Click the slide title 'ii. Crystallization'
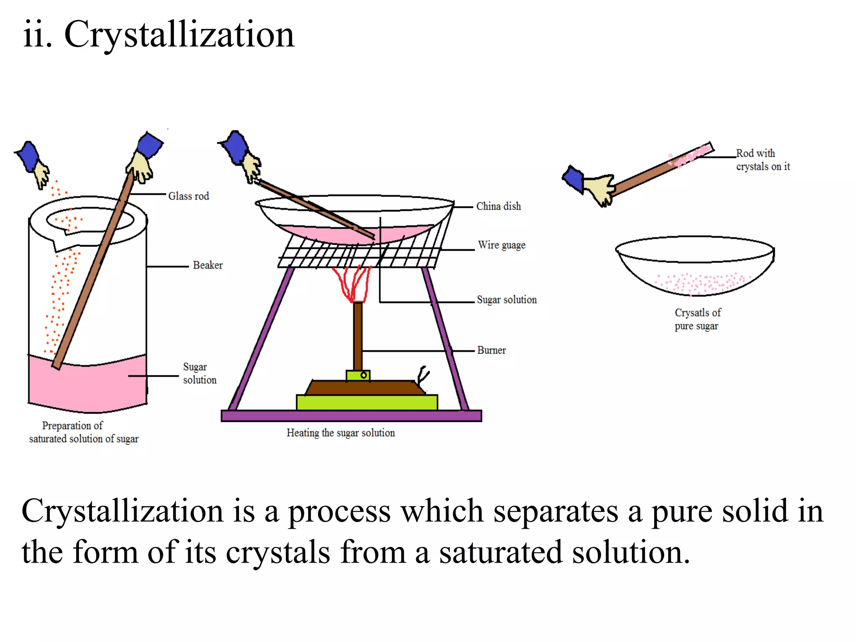(159, 35)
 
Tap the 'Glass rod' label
(189, 196)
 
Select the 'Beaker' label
(208, 265)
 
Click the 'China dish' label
(499, 206)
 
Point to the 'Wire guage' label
(502, 245)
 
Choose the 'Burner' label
(492, 350)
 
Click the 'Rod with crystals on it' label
(762, 160)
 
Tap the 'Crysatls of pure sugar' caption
(697, 319)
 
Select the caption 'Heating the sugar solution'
(341, 433)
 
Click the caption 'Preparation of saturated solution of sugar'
(83, 432)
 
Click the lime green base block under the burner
(367, 403)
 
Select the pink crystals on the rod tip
(690, 156)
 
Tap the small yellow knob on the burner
(364, 375)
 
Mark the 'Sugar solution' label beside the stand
(507, 300)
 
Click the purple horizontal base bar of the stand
(351, 415)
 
